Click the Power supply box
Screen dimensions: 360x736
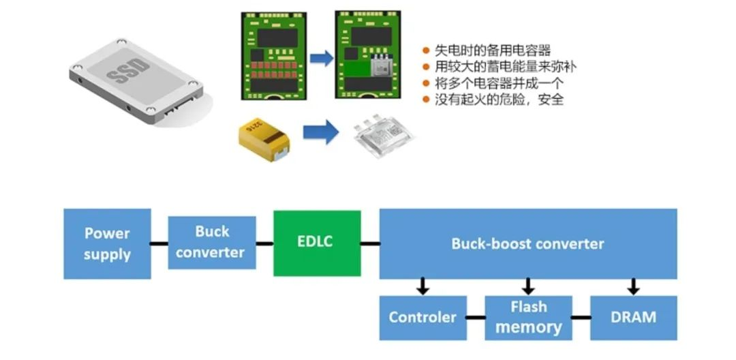[107, 244]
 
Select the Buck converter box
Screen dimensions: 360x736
[211, 242]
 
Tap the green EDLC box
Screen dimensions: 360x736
[317, 243]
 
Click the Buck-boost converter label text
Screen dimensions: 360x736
[527, 243]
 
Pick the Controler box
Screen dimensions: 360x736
[423, 318]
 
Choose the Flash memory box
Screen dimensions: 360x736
[528, 318]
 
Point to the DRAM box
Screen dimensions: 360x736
[633, 318]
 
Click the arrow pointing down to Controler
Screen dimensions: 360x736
[423, 286]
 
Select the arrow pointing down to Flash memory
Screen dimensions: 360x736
[528, 286]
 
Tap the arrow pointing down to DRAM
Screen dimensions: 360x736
[633, 286]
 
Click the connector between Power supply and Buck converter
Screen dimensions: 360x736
[159, 243]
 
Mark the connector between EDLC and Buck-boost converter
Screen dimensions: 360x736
[370, 243]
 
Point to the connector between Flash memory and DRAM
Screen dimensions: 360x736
[581, 318]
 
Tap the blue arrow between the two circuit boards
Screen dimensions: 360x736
[321, 58]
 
